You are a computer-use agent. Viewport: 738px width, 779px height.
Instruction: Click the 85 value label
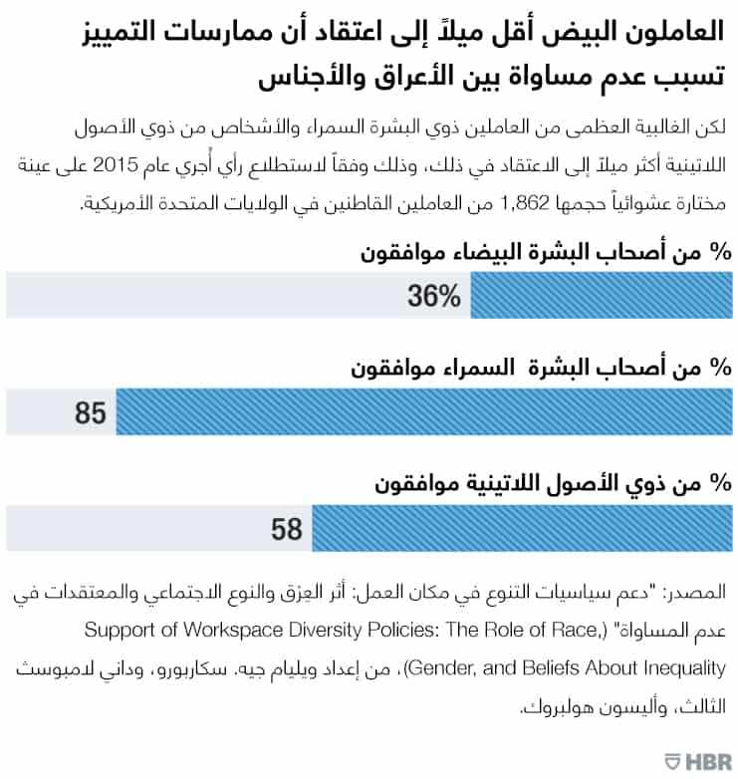click(x=91, y=410)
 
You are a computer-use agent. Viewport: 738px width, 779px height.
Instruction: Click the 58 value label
click(x=286, y=527)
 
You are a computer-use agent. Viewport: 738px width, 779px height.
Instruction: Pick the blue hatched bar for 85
click(x=423, y=410)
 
